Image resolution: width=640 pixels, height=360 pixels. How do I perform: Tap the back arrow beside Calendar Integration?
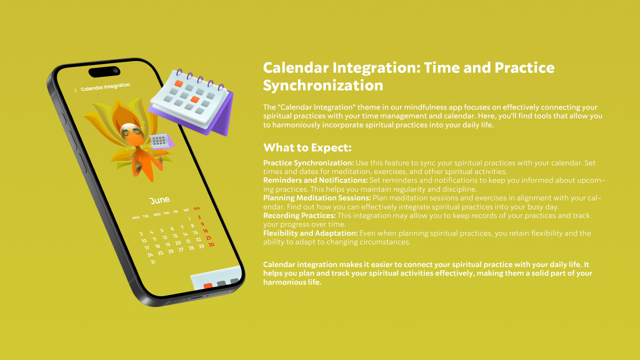click(x=75, y=90)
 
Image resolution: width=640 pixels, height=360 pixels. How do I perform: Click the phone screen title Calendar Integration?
click(x=105, y=87)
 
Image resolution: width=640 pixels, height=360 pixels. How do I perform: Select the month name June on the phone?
click(x=159, y=200)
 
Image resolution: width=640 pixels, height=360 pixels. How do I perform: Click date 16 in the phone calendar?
click(x=205, y=231)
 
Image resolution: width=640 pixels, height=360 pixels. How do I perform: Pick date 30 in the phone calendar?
click(x=211, y=244)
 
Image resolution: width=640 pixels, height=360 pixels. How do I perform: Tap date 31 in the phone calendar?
click(x=153, y=261)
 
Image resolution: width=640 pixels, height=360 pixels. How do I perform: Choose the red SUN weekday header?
click(x=196, y=208)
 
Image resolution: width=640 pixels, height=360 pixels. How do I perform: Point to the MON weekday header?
click(x=135, y=217)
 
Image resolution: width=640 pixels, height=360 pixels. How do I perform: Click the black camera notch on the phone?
click(x=104, y=71)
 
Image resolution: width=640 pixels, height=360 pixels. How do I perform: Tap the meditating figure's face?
click(x=130, y=133)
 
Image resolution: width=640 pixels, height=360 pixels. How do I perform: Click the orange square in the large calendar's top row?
click(x=178, y=83)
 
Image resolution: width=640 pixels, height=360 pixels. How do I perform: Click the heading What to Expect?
click(x=307, y=147)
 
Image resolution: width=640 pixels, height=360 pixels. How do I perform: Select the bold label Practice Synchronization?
click(x=308, y=163)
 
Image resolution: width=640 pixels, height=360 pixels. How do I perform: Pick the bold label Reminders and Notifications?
click(x=315, y=180)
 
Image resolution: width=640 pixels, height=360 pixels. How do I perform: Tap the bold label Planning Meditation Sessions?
click(x=317, y=198)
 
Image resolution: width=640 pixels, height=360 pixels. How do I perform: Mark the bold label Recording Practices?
click(x=299, y=215)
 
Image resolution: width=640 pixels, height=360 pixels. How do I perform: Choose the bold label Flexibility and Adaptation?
click(x=310, y=233)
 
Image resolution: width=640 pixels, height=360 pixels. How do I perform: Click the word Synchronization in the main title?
click(x=323, y=85)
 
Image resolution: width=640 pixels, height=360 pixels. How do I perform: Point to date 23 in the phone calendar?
click(x=208, y=237)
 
